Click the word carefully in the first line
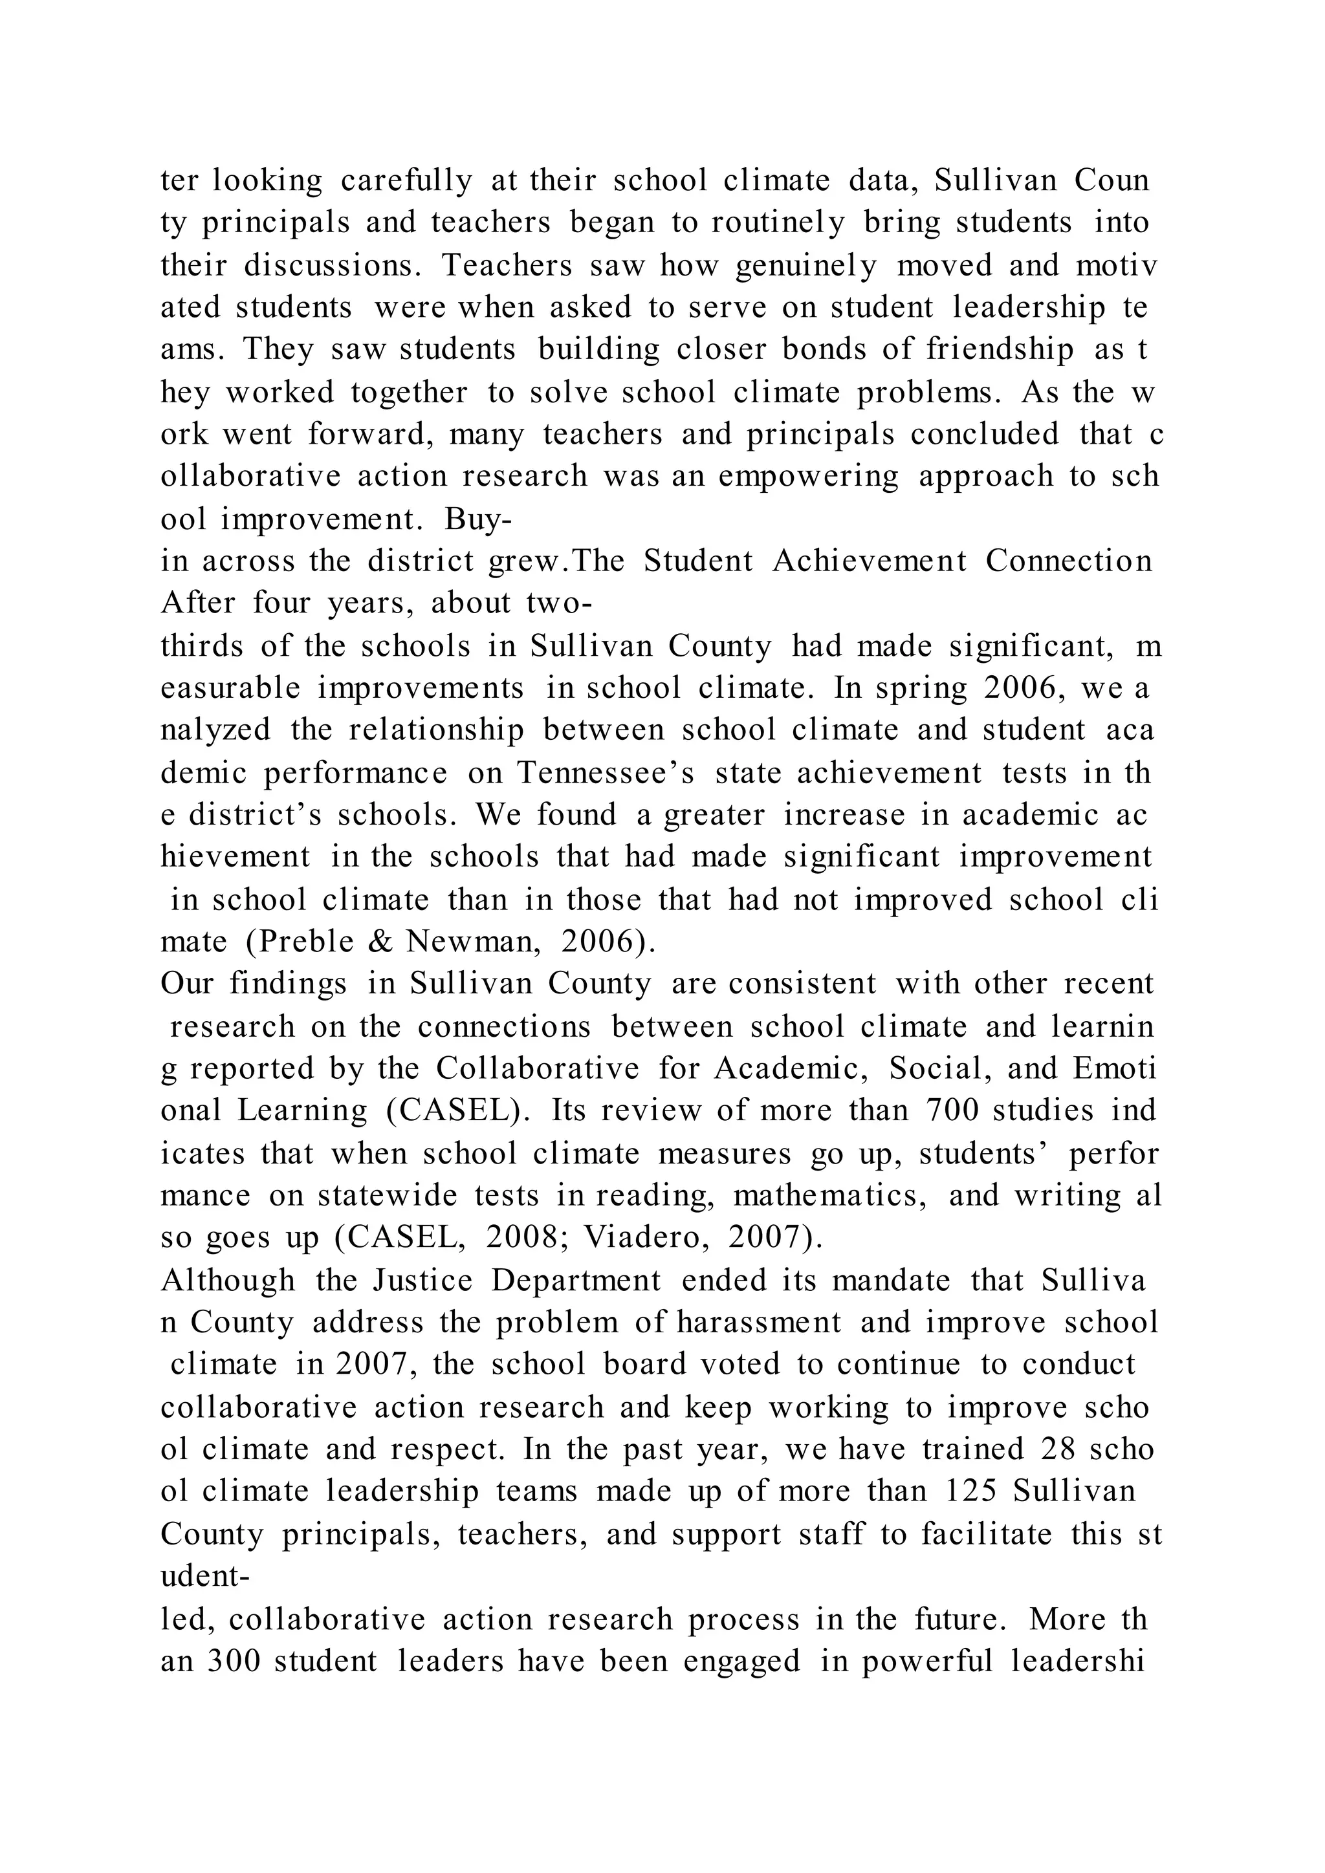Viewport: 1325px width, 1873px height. pyautogui.click(x=406, y=180)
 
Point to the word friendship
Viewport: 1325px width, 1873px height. pyautogui.click(x=1000, y=349)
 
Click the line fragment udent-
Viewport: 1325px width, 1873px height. pyautogui.click(x=205, y=1576)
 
